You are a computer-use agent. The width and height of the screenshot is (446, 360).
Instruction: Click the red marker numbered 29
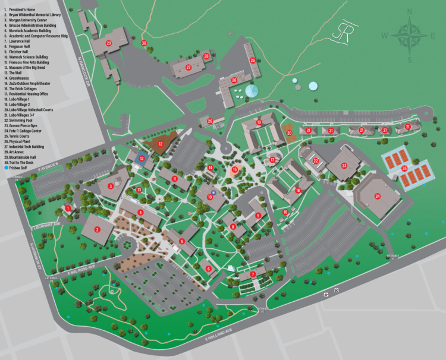pos(108,43)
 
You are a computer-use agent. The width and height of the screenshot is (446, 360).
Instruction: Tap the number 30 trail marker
pos(144,43)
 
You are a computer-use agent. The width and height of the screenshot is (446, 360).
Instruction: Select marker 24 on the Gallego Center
pos(377,197)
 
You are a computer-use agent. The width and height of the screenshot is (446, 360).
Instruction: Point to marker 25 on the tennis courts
pos(404,168)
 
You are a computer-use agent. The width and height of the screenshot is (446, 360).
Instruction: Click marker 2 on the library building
pos(96,229)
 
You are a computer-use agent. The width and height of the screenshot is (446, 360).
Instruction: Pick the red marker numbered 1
pos(68,209)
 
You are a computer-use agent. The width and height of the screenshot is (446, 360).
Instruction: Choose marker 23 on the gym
pos(344,166)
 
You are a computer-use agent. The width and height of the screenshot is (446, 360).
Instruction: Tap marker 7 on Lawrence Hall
pos(253,274)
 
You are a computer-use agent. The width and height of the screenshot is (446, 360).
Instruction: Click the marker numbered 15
pos(234,170)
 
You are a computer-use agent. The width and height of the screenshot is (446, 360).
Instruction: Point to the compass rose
pos(409,35)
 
